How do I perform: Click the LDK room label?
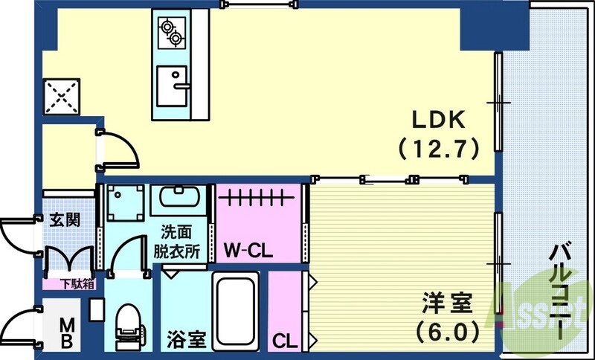[x=440, y=119]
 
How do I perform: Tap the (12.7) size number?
[x=439, y=147]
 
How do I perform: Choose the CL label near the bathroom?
[x=284, y=341]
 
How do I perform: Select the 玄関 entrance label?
[x=62, y=220]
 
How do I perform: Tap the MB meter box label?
[x=66, y=332]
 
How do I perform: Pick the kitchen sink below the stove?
[x=174, y=87]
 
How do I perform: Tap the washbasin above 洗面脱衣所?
[x=176, y=199]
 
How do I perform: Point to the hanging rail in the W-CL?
[x=257, y=199]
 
